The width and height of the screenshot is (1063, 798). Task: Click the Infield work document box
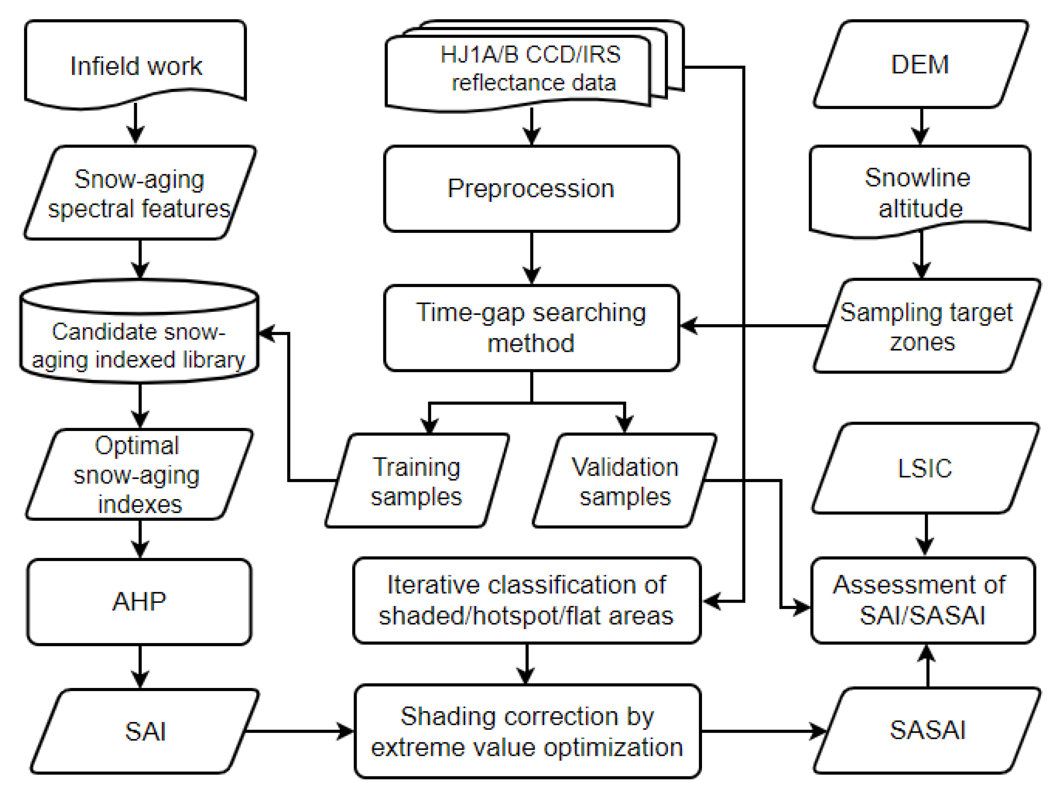136,65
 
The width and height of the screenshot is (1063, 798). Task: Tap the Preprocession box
531,188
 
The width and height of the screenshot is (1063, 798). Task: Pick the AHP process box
139,601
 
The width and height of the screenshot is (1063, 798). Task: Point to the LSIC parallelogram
924,468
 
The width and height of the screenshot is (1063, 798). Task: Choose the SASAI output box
927,730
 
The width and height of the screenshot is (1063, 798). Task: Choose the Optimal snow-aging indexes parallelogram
139,475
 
